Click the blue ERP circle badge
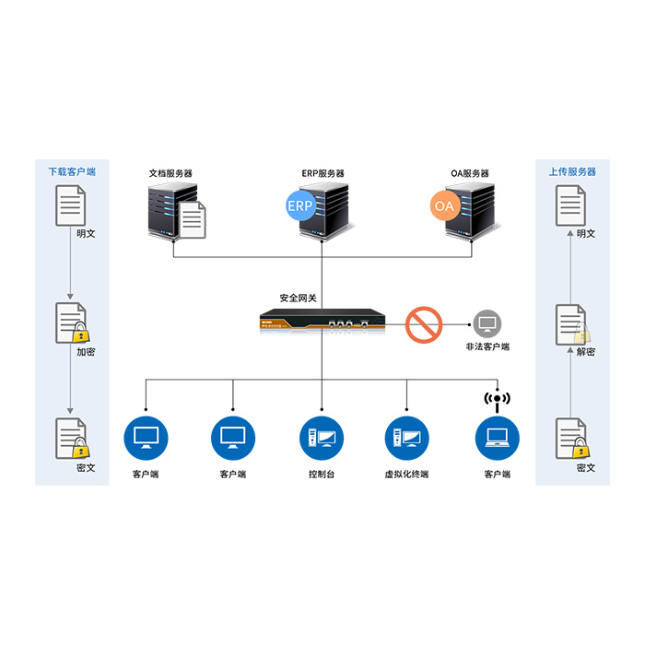(x=300, y=205)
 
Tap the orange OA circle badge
(x=445, y=205)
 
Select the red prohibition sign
(x=425, y=324)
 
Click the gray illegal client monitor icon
(x=487, y=323)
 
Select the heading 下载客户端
(x=72, y=171)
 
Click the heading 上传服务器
(x=572, y=171)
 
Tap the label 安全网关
(x=298, y=299)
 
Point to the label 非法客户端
(x=487, y=347)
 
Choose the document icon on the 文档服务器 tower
(x=192, y=219)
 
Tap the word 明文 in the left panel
(x=86, y=234)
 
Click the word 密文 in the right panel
(x=585, y=468)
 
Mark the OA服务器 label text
(x=469, y=173)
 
